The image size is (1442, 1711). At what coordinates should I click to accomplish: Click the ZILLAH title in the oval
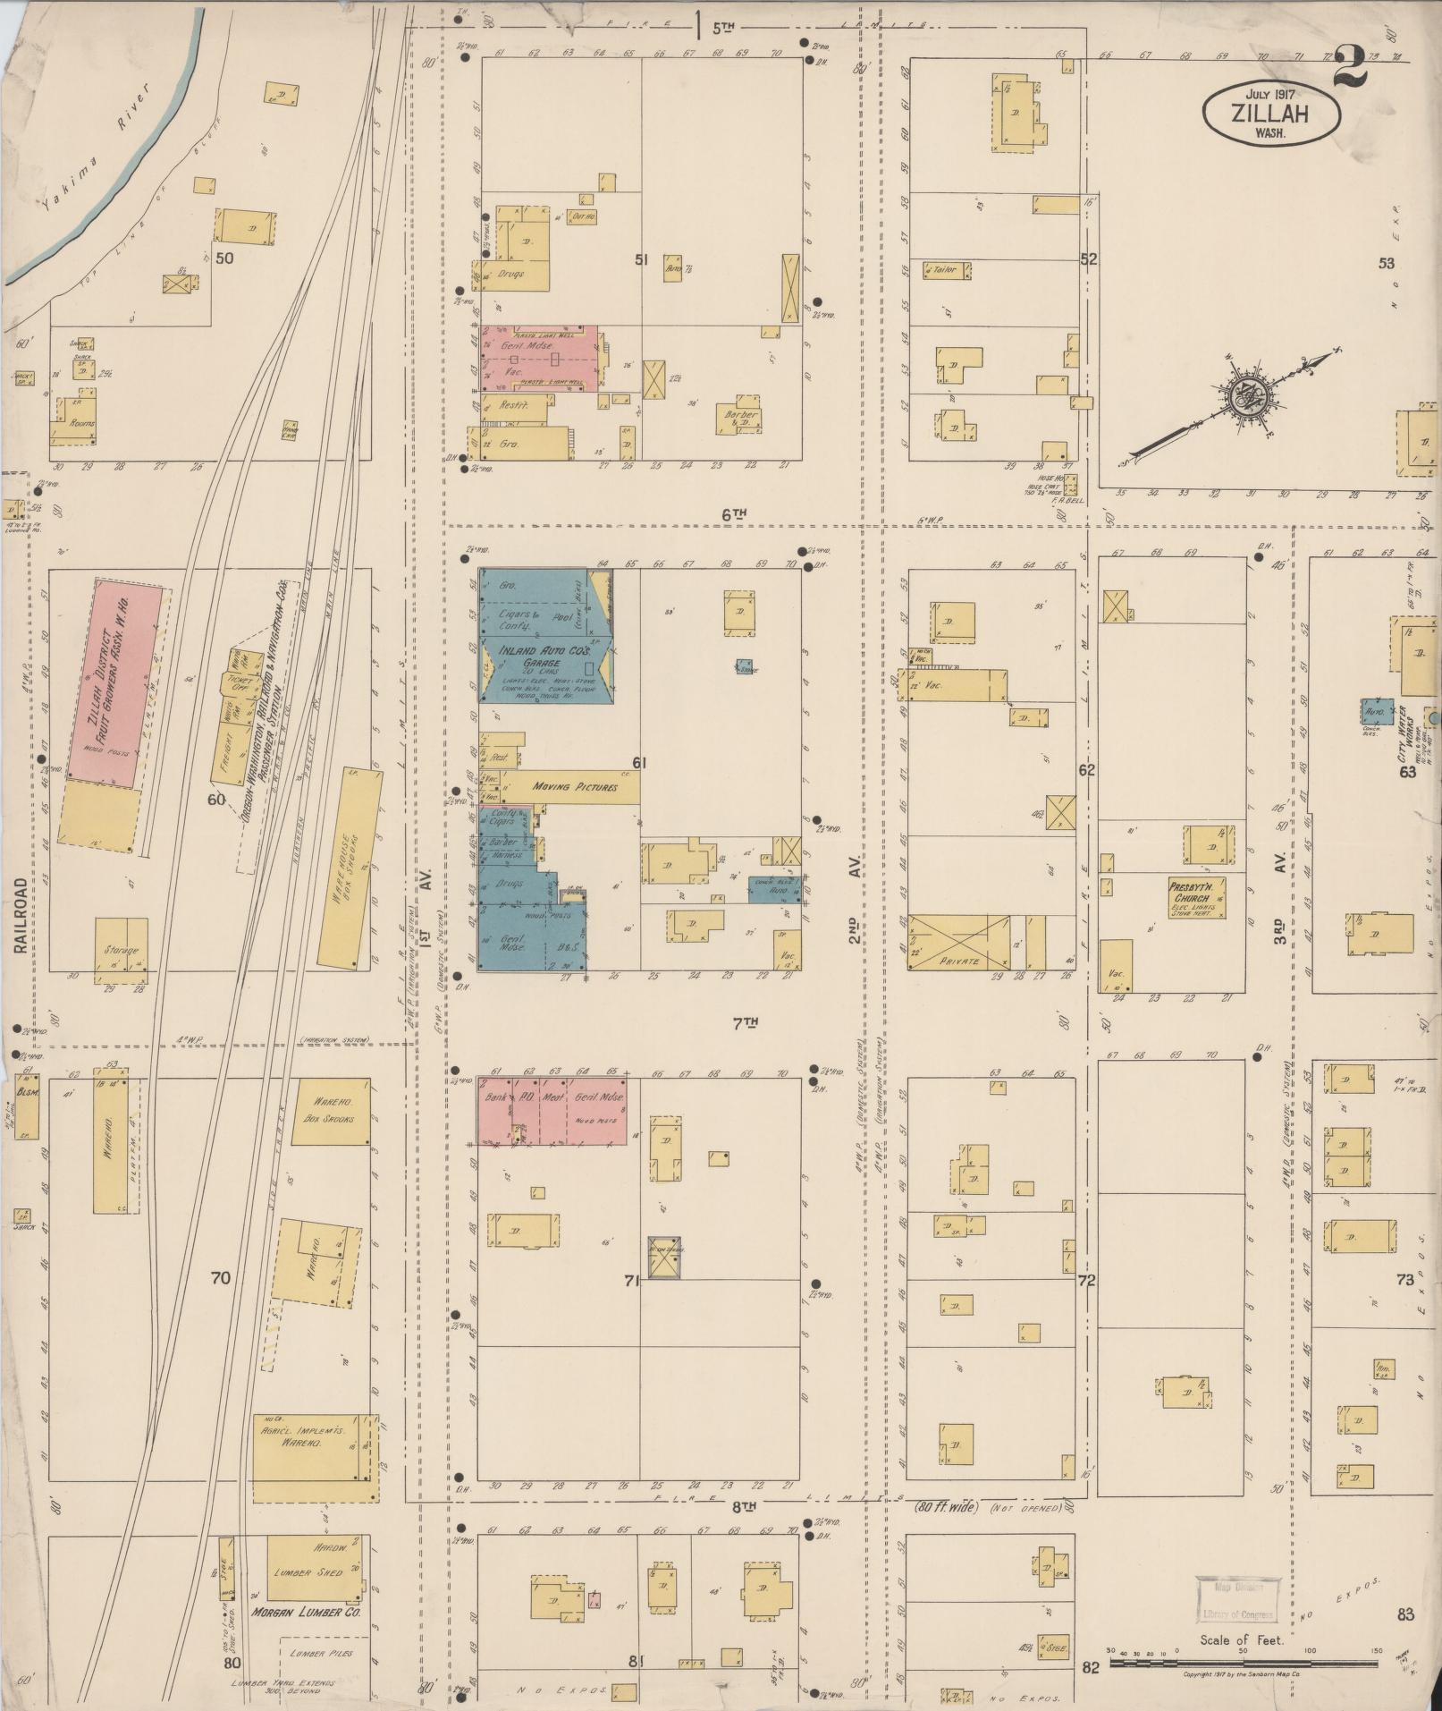point(1269,114)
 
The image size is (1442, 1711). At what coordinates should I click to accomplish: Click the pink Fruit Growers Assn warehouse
point(116,680)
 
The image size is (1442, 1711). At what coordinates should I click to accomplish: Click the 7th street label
point(738,1022)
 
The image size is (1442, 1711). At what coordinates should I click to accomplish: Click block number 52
point(1087,260)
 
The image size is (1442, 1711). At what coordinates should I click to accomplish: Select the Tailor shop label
point(943,268)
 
